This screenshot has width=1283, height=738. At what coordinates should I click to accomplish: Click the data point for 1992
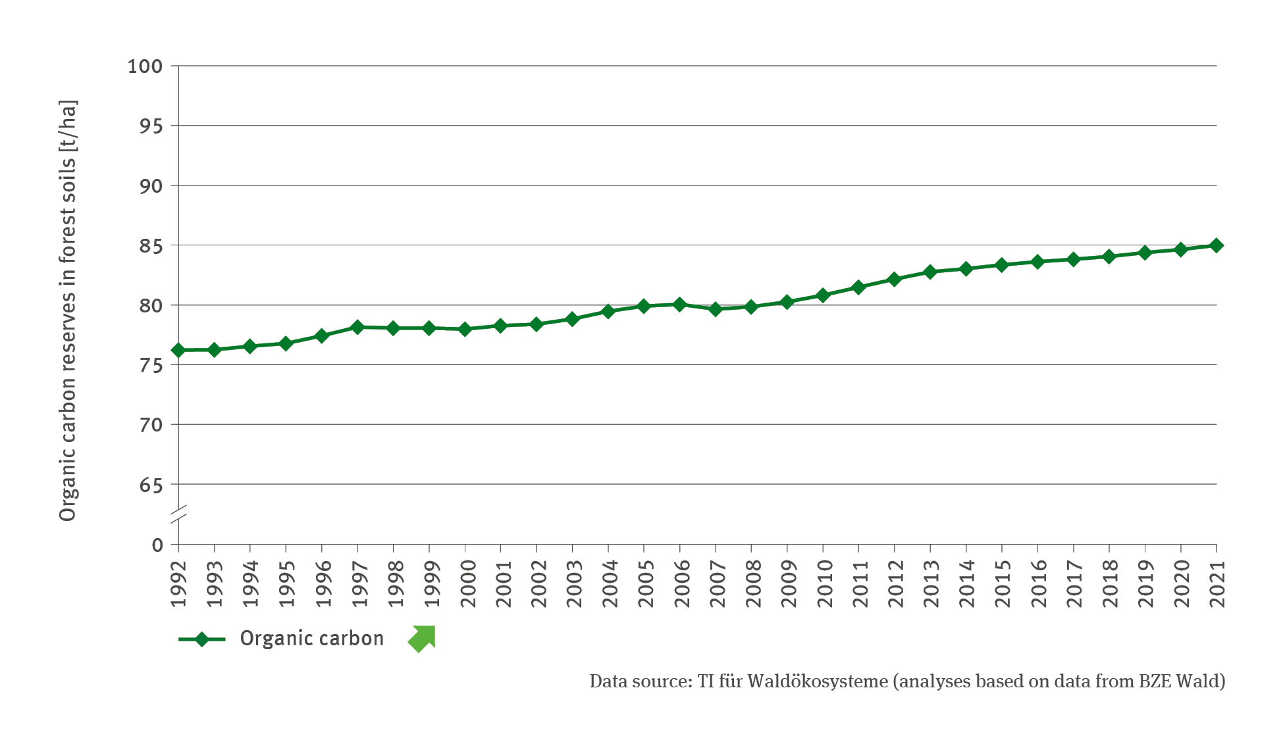pyautogui.click(x=178, y=350)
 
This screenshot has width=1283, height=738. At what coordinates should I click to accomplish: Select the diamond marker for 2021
pyautogui.click(x=1217, y=245)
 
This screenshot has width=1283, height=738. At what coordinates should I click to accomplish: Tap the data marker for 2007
pyautogui.click(x=716, y=308)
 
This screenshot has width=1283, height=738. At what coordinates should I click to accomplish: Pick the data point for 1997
pyautogui.click(x=357, y=327)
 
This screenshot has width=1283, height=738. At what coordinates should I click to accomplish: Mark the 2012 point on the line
pyautogui.click(x=894, y=280)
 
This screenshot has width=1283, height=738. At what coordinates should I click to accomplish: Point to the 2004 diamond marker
pyautogui.click(x=608, y=311)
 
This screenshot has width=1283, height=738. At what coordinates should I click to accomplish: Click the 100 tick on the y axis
pyautogui.click(x=145, y=66)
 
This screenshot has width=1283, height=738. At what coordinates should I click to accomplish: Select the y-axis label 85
pyautogui.click(x=151, y=246)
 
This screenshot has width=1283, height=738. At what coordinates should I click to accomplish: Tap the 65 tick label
pyautogui.click(x=151, y=485)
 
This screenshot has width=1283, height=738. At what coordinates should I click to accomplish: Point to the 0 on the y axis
pyautogui.click(x=157, y=545)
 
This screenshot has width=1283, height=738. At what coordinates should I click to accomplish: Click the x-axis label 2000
pyautogui.click(x=467, y=584)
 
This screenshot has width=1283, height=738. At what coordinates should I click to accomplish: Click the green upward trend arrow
pyautogui.click(x=422, y=639)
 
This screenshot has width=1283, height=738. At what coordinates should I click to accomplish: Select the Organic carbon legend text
pyautogui.click(x=311, y=639)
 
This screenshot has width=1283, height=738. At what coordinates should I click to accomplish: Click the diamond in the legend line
pyautogui.click(x=202, y=639)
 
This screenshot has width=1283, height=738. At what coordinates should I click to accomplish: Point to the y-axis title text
pyautogui.click(x=68, y=310)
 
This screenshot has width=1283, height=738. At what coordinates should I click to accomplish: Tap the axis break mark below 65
pyautogui.click(x=178, y=514)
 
